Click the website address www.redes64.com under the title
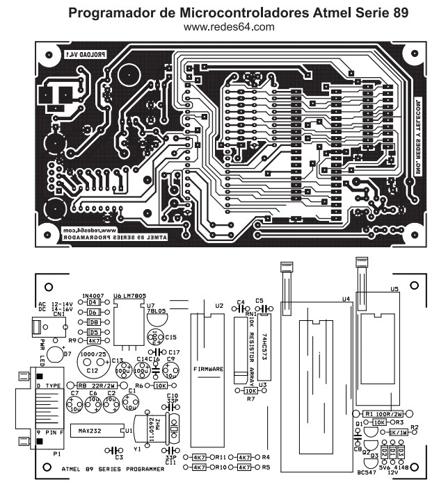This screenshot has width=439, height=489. pos(228,27)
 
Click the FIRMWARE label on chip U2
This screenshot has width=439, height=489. pos(208,369)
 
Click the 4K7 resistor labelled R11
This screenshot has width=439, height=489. pos(199,457)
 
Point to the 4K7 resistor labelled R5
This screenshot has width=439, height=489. pos(244,467)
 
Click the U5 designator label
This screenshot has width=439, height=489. pos(394,288)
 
